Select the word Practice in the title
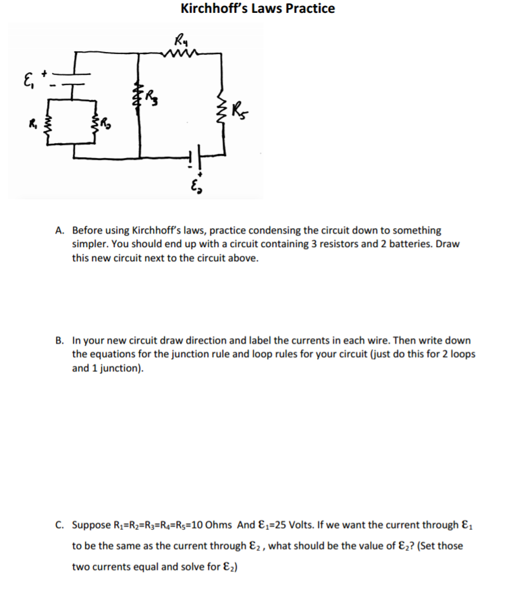[x=309, y=9]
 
